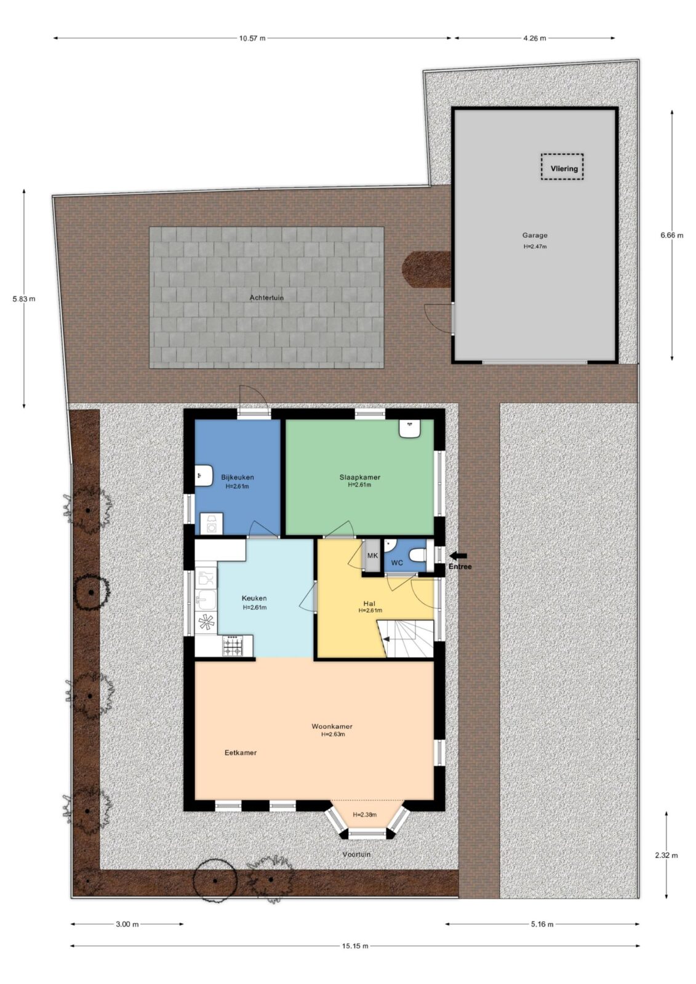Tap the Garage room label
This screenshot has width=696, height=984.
(x=535, y=236)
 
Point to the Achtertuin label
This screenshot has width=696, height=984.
(x=266, y=298)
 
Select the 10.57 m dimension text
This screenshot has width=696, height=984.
(x=252, y=38)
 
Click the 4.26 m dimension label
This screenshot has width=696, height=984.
(x=534, y=38)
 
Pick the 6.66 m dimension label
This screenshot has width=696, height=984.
(x=672, y=235)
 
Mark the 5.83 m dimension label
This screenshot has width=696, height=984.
(x=24, y=299)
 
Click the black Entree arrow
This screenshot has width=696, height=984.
(x=458, y=555)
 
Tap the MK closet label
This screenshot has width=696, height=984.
(x=372, y=556)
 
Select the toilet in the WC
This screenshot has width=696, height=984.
(x=418, y=556)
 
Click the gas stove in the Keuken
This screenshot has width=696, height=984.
(x=233, y=646)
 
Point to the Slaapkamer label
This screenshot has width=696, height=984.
(x=359, y=477)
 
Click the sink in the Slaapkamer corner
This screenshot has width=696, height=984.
(x=410, y=428)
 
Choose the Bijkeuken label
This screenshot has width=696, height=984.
(x=238, y=477)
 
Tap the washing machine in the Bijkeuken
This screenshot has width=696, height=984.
(x=212, y=523)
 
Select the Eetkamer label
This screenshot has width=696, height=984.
(x=241, y=753)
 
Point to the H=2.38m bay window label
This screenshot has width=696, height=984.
(x=365, y=814)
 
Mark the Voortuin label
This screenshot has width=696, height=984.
(x=356, y=854)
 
